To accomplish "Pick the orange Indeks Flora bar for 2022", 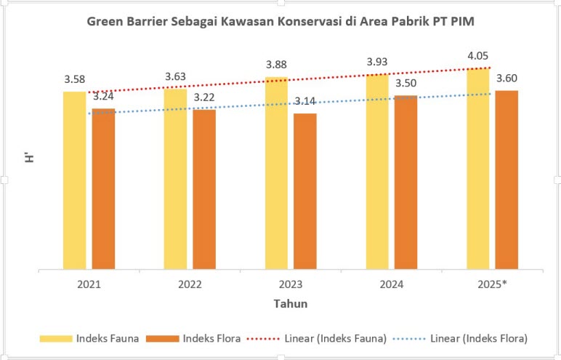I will (204, 189).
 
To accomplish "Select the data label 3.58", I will (75, 79).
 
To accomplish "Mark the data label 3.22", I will (204, 97).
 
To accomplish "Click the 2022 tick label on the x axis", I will (190, 284).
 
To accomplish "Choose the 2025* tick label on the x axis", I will (492, 284).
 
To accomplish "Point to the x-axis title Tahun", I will (290, 303).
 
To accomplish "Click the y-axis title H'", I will (31, 175).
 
